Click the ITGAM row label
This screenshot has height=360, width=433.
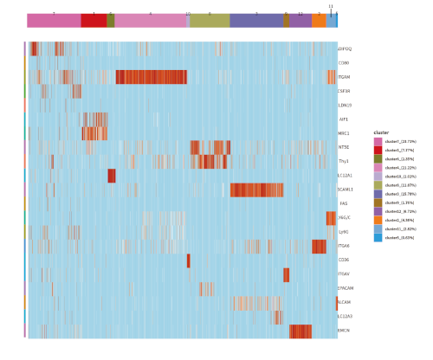344,77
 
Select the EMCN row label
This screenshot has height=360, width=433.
344,330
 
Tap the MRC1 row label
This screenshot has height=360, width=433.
344,133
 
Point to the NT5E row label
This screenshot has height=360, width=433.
344,147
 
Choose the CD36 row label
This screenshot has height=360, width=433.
344,260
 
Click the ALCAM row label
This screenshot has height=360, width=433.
344,302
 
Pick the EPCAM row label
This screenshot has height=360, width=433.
344,287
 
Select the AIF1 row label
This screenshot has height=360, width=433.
344,119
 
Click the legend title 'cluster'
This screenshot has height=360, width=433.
381,132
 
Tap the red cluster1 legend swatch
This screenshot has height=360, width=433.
378,150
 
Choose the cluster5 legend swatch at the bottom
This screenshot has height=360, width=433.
378,237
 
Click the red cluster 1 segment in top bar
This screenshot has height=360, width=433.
94,20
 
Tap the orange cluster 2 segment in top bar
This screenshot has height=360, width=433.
319,20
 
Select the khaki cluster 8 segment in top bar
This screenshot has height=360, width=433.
209,20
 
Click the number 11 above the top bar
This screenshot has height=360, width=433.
330,6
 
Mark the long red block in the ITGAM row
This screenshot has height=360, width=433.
151,77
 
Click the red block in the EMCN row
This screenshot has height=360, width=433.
301,330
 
